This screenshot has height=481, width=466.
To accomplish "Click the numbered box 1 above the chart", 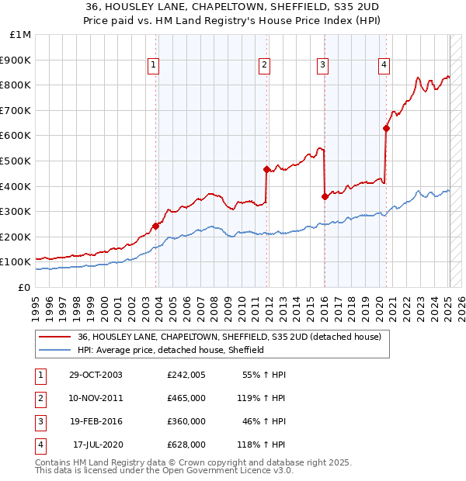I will click(154, 65).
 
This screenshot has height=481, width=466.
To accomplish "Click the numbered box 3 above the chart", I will click(322, 65).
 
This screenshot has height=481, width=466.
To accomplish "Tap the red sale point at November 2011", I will click(266, 169).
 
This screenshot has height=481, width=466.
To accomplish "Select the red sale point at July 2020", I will click(386, 129).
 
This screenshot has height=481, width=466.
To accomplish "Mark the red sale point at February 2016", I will click(325, 196).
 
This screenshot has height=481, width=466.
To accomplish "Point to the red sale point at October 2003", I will click(156, 226).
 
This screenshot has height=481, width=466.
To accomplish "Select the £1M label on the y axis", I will click(20, 34).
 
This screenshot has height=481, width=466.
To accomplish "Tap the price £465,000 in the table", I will click(186, 398).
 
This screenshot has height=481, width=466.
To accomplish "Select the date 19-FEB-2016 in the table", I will click(96, 421).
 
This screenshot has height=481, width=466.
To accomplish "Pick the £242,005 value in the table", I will click(186, 375).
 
